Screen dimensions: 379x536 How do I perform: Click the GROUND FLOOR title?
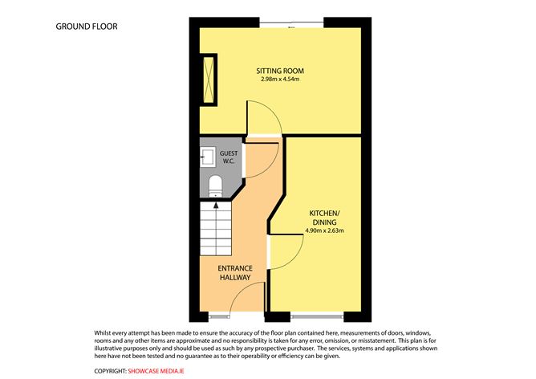pyautogui.click(x=87, y=26)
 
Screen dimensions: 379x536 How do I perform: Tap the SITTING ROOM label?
pyautogui.click(x=280, y=71)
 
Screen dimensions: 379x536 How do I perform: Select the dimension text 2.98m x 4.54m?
pyautogui.click(x=280, y=79)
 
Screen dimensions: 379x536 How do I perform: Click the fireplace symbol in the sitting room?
pyautogui.click(x=210, y=79)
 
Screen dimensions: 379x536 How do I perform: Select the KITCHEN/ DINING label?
pyautogui.click(x=325, y=217)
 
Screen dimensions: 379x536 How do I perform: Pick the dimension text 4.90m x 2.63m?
pyautogui.click(x=325, y=231)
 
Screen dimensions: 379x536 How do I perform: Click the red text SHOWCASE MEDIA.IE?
pyautogui.click(x=159, y=370)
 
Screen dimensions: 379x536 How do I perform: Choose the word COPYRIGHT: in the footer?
pyautogui.click(x=110, y=370)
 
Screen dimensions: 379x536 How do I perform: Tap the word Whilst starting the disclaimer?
pyautogui.click(x=106, y=331)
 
